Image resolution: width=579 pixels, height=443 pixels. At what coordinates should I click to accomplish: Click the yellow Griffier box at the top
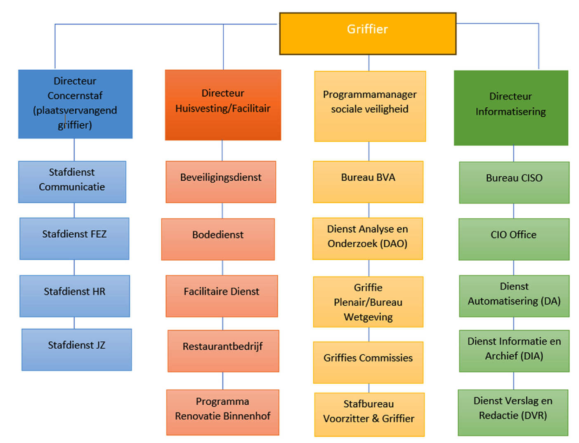[368, 33]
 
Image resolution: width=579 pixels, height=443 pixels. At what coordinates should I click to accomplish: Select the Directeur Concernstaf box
[75, 104]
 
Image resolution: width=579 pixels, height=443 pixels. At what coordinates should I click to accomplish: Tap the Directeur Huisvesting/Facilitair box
[223, 105]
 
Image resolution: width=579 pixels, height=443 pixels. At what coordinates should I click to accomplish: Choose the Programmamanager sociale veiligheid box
[370, 106]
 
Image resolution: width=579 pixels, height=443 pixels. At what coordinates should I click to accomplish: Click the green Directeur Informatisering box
[511, 108]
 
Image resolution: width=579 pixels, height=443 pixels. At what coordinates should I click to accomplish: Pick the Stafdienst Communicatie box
[72, 181]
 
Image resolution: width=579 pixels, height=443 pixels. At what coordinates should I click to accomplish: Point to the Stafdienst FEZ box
[74, 238]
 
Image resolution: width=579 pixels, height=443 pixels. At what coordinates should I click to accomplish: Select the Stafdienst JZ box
[77, 349]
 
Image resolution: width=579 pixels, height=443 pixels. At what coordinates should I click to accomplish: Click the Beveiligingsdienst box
[221, 181]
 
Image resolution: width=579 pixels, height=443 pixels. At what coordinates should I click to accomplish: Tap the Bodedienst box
[218, 239]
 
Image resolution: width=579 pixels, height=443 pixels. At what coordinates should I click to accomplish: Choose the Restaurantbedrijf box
[223, 351]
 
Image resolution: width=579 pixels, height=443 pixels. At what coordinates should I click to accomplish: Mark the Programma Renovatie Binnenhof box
[223, 412]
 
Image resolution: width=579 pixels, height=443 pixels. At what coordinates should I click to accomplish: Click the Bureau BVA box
[368, 181]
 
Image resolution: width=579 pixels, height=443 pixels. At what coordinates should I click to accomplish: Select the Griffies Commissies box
[368, 362]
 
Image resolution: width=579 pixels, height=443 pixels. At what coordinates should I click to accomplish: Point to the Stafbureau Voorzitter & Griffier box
[369, 414]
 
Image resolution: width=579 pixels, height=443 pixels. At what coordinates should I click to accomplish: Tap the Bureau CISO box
[514, 182]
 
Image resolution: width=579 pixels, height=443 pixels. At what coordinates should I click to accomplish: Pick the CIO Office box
[514, 239]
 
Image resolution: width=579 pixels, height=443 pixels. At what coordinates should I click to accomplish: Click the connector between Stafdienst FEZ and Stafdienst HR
[74, 267]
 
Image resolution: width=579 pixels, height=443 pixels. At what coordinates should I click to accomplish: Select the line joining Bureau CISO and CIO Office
[514, 211]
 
